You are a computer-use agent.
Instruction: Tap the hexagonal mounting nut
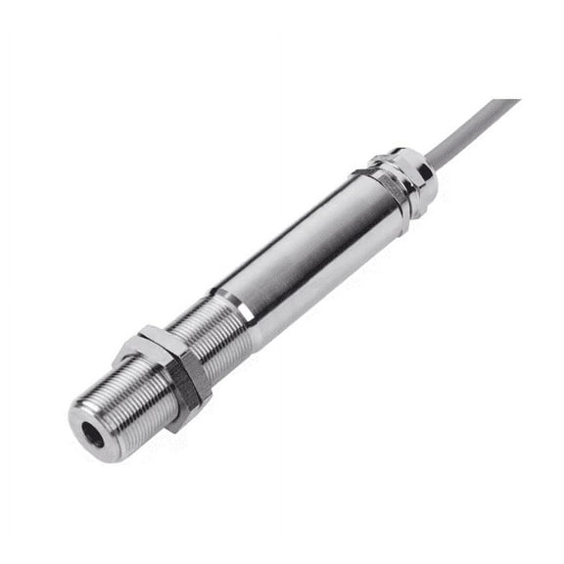(x=162, y=377)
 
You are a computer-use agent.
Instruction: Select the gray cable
(x=470, y=127)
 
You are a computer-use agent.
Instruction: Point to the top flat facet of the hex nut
(x=147, y=343)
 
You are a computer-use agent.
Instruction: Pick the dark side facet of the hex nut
(x=186, y=392)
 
